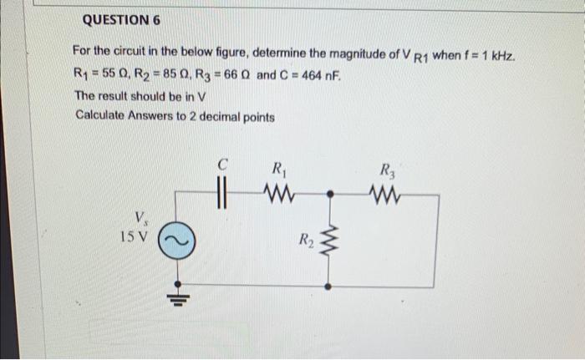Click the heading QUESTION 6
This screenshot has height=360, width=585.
[x=121, y=18]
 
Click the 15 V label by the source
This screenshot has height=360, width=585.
[x=133, y=236]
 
